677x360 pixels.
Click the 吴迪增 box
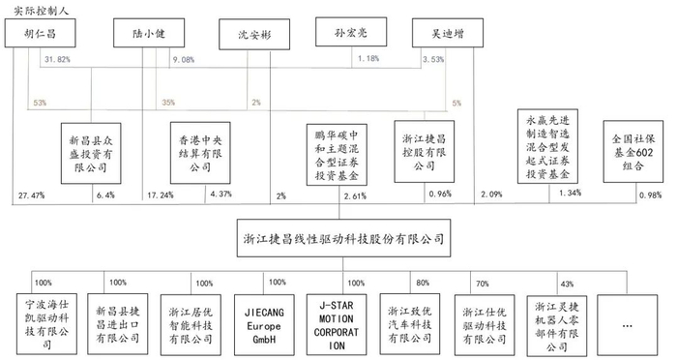[447, 32]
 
